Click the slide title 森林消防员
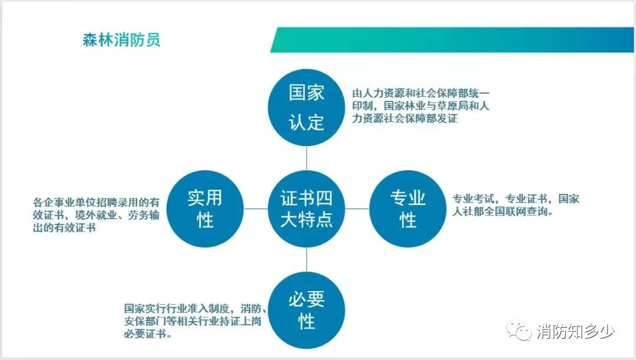121,41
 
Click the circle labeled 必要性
306,310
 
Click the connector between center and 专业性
357,209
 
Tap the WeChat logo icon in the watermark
521,332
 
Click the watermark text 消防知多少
575,332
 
